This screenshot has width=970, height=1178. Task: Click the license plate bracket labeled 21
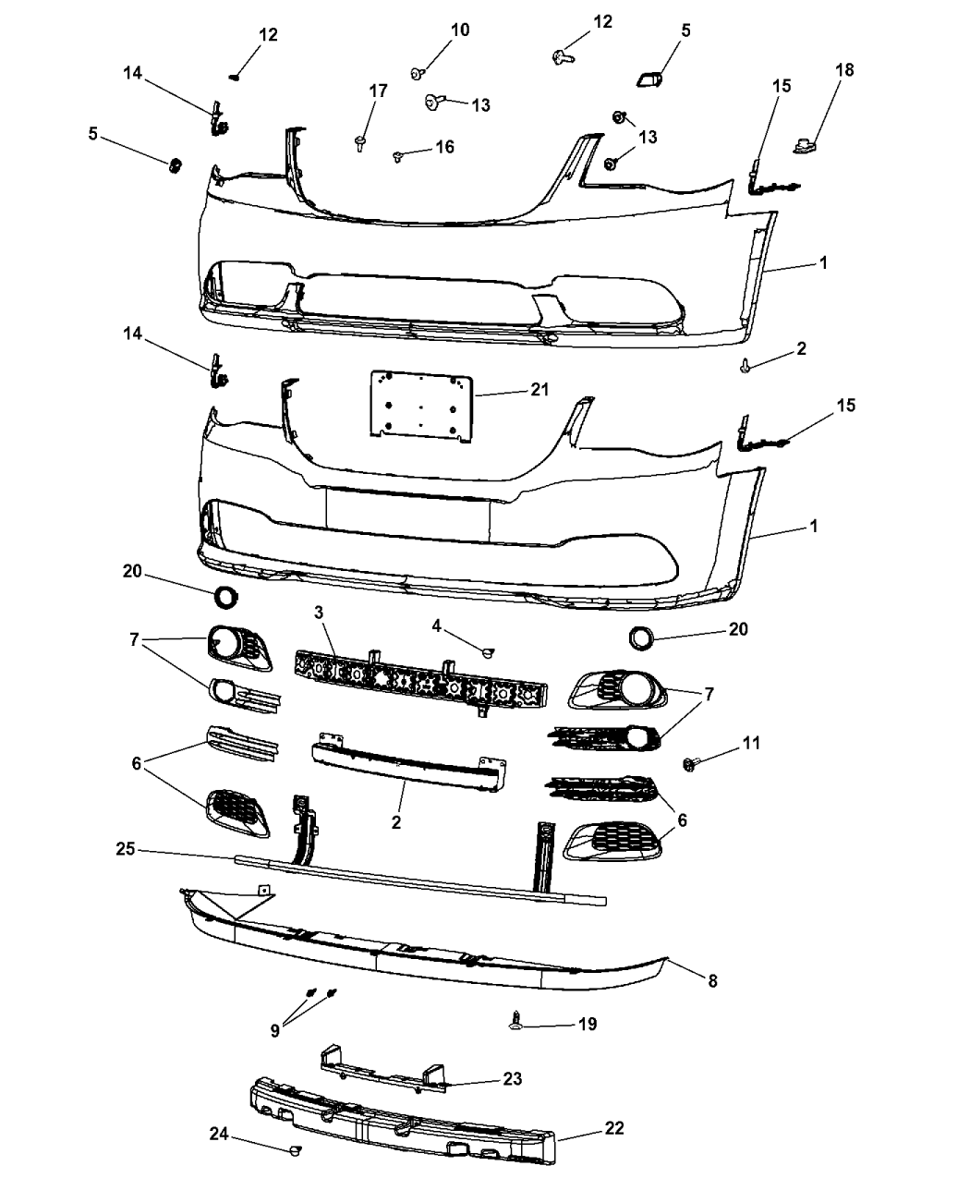(421, 406)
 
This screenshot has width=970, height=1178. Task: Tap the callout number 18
(844, 70)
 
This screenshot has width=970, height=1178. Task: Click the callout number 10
(460, 30)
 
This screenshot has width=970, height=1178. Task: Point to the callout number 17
(378, 91)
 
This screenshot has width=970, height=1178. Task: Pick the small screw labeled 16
(398, 156)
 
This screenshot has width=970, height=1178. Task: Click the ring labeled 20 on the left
(225, 598)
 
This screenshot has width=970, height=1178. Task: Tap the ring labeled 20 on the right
(641, 638)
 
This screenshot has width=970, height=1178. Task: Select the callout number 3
(319, 612)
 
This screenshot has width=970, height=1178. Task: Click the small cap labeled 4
(488, 653)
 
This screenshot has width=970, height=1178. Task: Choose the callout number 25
(126, 848)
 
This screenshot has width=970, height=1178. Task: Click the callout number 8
(712, 980)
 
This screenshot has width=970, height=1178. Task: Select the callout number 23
(513, 1078)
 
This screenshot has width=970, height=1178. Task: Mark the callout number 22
(614, 1127)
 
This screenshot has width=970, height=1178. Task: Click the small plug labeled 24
(295, 1149)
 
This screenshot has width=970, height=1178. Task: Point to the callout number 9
(274, 1031)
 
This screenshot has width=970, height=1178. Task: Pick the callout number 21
(540, 389)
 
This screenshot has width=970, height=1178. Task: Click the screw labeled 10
(418, 73)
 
